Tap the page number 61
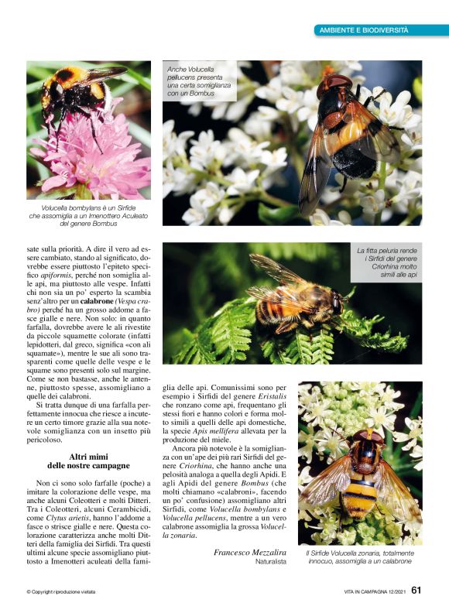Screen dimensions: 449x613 pos(416,590)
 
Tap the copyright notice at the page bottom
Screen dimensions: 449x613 pos(61,591)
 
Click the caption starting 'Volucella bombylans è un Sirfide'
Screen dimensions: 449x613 pos(88,216)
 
